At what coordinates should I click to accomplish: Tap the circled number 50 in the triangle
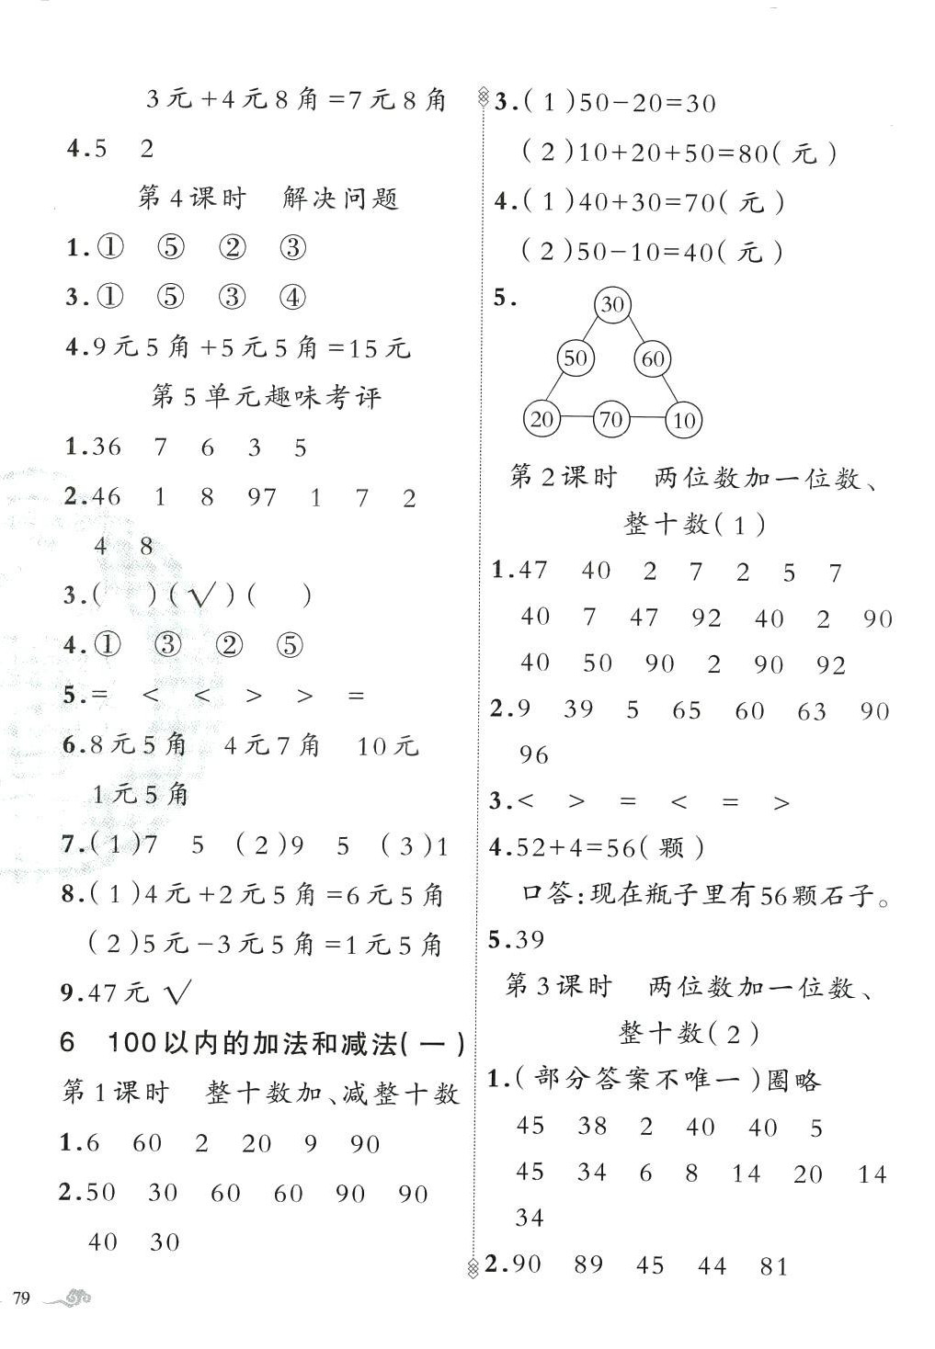[x=576, y=357]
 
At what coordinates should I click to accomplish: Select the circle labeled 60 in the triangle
[x=653, y=358]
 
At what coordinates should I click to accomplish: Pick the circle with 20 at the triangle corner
[x=542, y=419]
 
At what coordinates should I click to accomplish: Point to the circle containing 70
[x=611, y=420]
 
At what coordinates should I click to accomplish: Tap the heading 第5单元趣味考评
[x=266, y=397]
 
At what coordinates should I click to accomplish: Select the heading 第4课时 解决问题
[x=268, y=198]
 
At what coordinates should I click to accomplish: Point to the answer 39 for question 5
[x=530, y=939]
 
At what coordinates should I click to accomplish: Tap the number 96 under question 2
[x=533, y=755]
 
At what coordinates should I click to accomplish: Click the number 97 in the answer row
[x=262, y=498]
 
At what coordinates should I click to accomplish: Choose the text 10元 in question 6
[x=387, y=745]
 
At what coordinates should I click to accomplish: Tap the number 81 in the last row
[x=774, y=1266]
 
